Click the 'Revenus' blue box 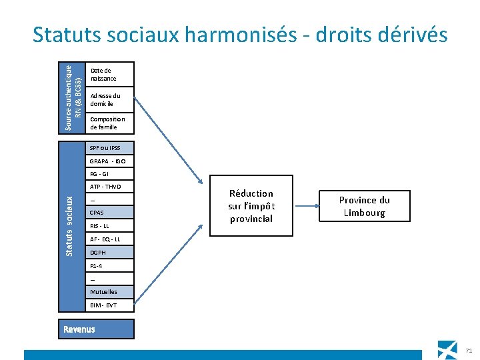coord(95,329)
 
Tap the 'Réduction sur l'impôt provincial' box coord(251,206)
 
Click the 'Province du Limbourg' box coord(364,207)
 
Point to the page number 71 coord(468,350)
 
